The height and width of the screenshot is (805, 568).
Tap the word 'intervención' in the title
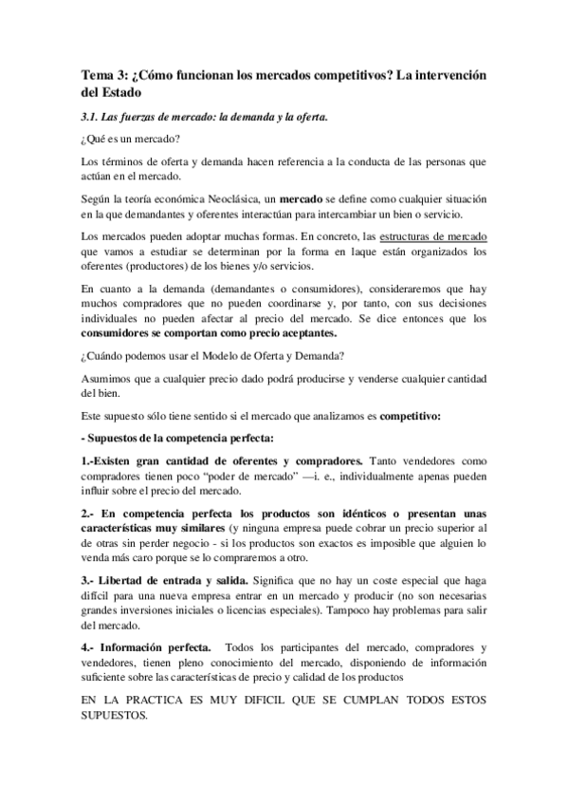(443, 75)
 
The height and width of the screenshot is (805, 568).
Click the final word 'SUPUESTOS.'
(115, 717)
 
